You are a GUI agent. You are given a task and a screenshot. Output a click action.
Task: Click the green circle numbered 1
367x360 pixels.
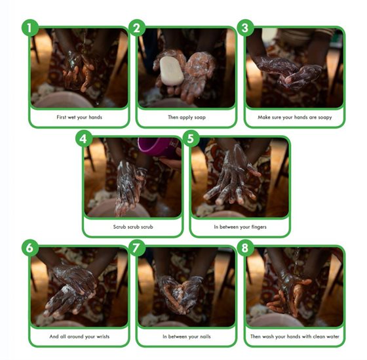tap(29, 28)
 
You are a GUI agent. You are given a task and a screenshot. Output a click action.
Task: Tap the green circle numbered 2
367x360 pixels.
tap(137, 28)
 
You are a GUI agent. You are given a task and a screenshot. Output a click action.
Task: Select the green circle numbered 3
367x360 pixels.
tap(245, 28)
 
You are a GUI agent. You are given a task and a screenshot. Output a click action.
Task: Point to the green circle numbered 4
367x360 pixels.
tap(84, 138)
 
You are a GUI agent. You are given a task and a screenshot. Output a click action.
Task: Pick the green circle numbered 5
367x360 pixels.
tap(191, 138)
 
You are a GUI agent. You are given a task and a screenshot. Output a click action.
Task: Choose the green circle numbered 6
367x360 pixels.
tap(29, 248)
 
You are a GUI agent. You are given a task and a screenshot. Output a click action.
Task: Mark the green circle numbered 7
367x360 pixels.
tap(137, 248)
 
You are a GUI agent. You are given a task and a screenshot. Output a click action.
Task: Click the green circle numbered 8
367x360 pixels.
tap(245, 248)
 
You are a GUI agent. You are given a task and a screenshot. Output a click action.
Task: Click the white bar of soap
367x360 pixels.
tap(172, 71)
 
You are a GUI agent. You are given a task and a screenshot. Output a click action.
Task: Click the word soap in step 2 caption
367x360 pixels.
tap(199, 117)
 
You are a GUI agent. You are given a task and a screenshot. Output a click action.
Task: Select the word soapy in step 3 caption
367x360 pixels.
tap(325, 117)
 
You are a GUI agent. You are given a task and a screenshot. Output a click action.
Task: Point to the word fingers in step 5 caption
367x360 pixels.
tap(259, 227)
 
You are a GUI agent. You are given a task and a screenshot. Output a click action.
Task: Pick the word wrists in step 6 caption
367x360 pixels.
tap(103, 336)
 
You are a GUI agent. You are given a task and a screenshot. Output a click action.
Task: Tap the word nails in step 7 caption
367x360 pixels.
tap(205, 336)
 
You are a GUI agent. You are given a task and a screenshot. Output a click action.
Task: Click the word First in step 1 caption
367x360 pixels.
tap(62, 117)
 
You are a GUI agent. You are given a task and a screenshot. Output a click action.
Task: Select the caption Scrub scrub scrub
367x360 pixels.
tap(133, 227)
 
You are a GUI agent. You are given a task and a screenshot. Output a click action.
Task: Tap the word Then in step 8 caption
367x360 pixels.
tap(256, 336)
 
